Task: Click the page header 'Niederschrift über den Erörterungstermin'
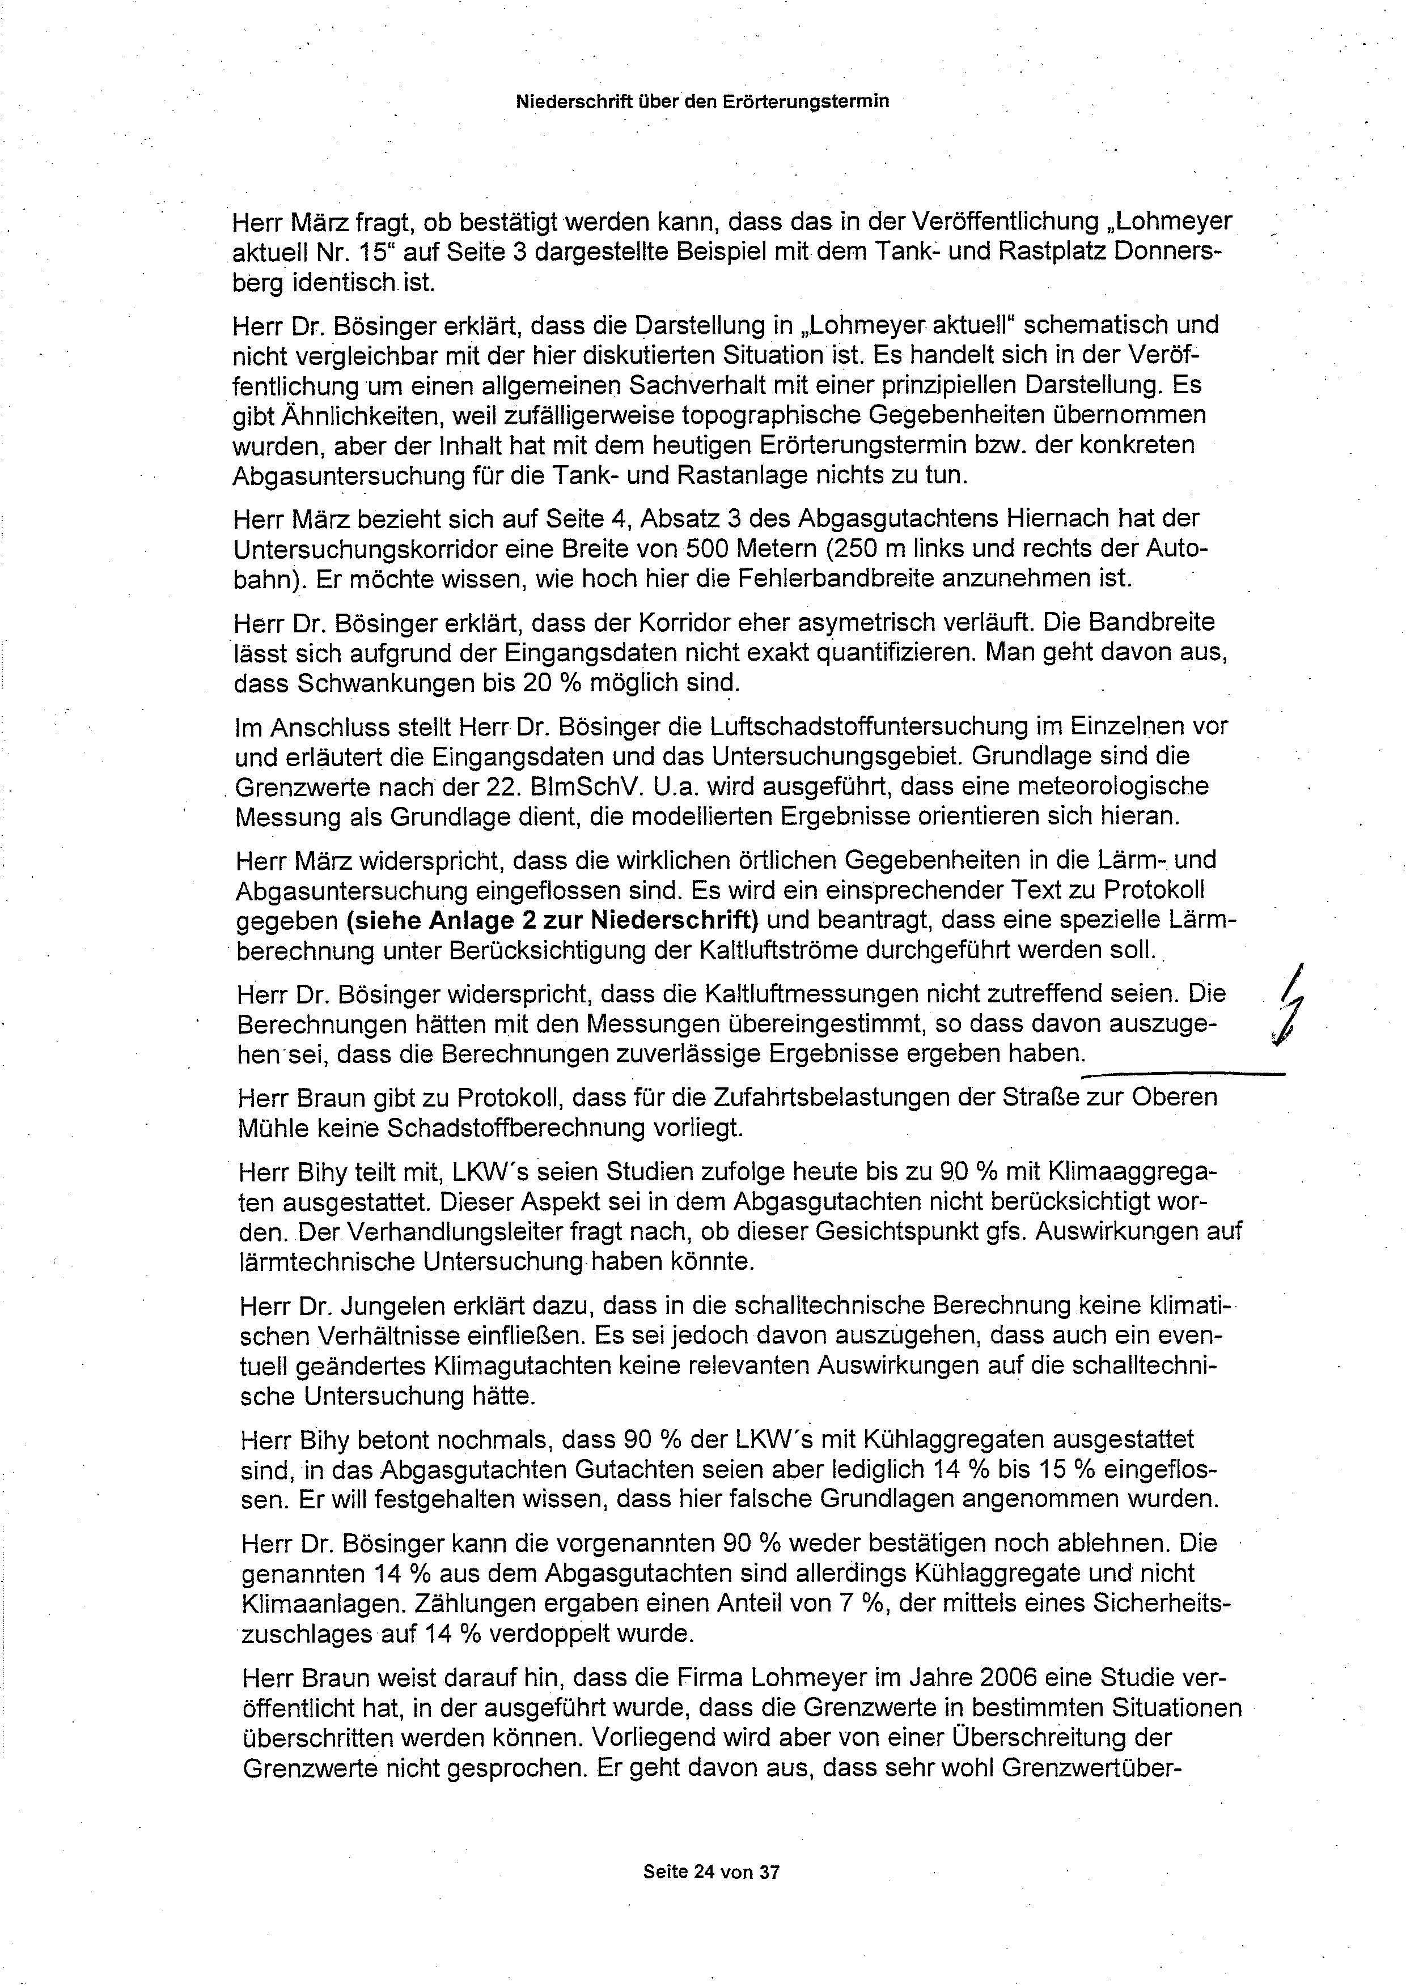click(702, 101)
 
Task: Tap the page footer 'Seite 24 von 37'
click(712, 1872)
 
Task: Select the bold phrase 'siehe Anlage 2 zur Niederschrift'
click(552, 920)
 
